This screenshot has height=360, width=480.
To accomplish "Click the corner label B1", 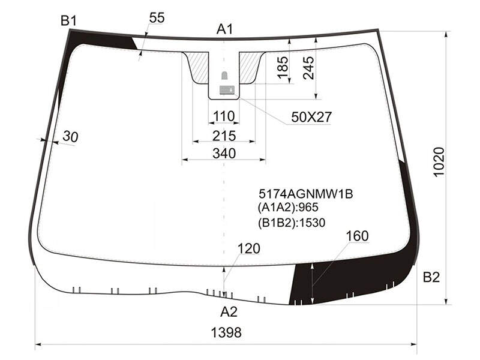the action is tap(68, 21).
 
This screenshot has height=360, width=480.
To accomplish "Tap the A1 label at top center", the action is tap(224, 29).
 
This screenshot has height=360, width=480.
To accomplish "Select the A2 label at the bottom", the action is tap(229, 312).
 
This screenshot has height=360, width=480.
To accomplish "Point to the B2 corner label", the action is tap(431, 277).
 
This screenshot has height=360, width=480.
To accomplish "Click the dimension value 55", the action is tap(157, 18).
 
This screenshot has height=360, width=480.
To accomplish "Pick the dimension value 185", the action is tap(283, 68).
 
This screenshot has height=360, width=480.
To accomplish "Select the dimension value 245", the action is tap(308, 68).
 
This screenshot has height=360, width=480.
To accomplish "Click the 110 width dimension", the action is tap(224, 116).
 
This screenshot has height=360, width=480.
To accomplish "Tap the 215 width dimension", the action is tap(224, 136).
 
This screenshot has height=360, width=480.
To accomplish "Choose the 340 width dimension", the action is tap(224, 154).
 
